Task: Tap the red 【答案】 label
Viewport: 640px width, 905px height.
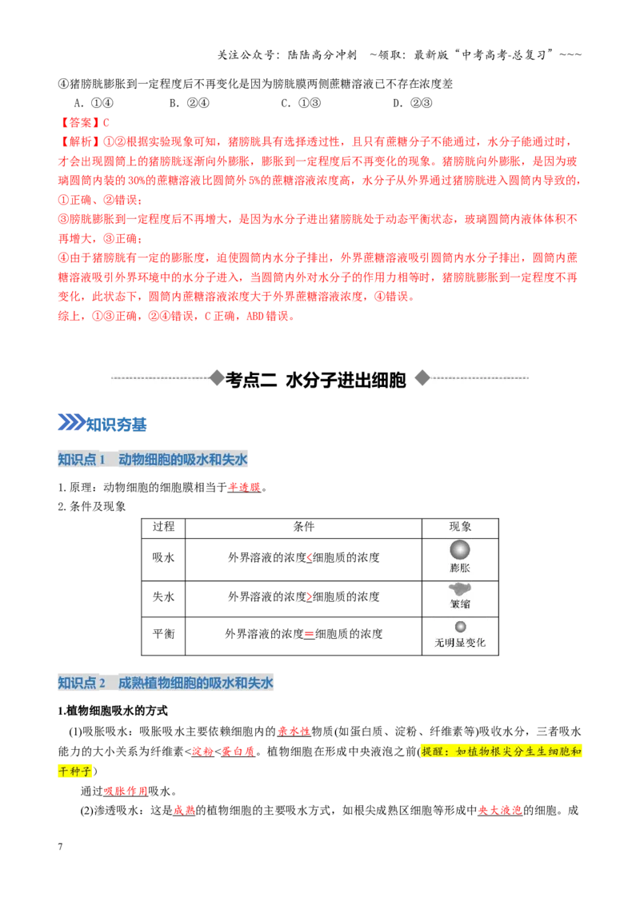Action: tap(80, 122)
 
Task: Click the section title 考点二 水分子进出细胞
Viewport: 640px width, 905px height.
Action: tap(316, 380)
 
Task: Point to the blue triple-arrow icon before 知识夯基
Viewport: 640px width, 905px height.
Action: tap(71, 422)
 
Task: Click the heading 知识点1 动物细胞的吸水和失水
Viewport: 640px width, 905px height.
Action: tap(153, 460)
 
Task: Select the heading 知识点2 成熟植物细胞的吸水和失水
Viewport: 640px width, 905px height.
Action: tap(165, 683)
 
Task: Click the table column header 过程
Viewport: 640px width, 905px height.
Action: tap(163, 526)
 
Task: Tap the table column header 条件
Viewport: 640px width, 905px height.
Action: tap(304, 526)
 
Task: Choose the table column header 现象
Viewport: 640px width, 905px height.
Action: tap(460, 526)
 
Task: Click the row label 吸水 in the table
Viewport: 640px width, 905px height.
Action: tap(163, 557)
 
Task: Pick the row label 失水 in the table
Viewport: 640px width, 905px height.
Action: tap(163, 596)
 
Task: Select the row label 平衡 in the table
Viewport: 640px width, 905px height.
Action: tap(163, 634)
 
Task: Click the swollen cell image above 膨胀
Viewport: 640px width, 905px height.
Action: tap(460, 550)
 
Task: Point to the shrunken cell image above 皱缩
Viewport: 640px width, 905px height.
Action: tap(460, 589)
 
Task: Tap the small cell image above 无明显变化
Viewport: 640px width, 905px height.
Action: tap(460, 627)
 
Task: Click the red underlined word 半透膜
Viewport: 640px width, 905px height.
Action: tap(244, 488)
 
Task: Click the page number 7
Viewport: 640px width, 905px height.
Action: tap(60, 847)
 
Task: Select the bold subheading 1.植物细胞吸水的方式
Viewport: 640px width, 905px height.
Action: tap(113, 711)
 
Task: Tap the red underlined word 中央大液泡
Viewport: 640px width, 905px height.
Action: tap(500, 811)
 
